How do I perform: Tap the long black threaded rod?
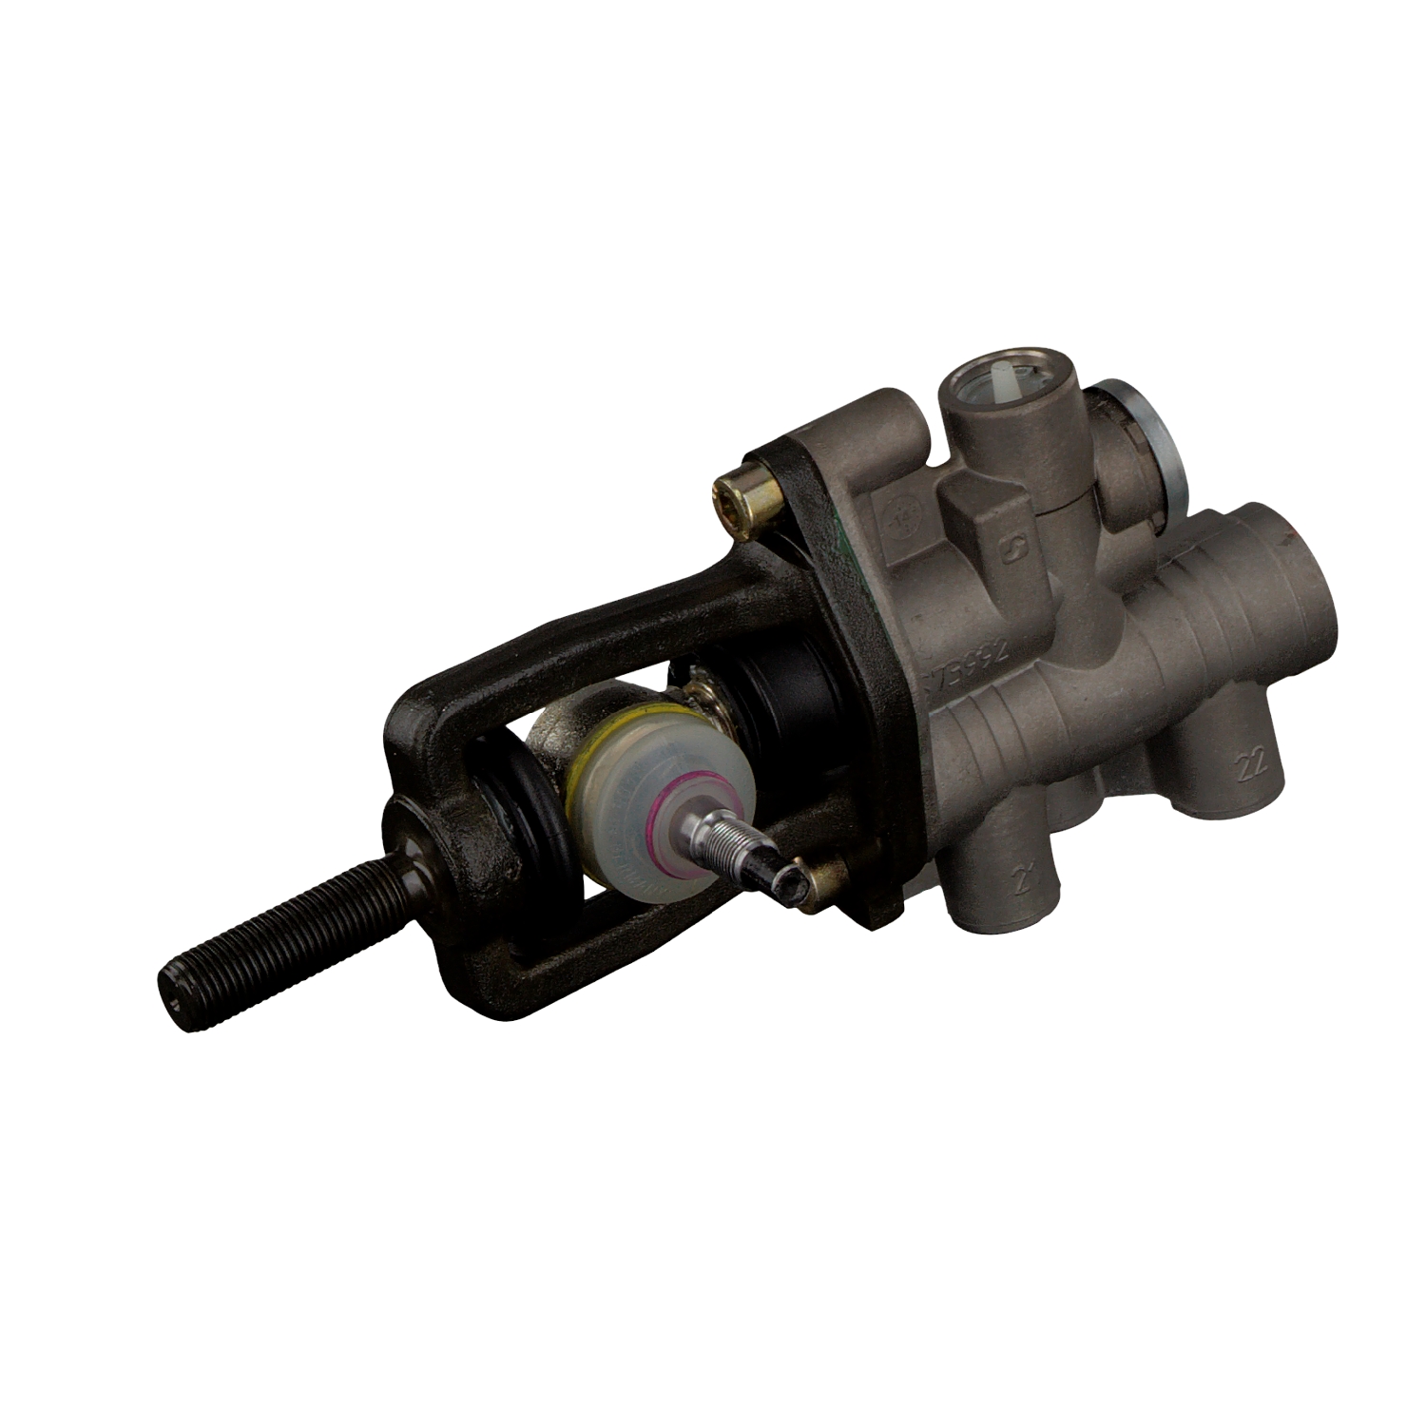(x=276, y=922)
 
